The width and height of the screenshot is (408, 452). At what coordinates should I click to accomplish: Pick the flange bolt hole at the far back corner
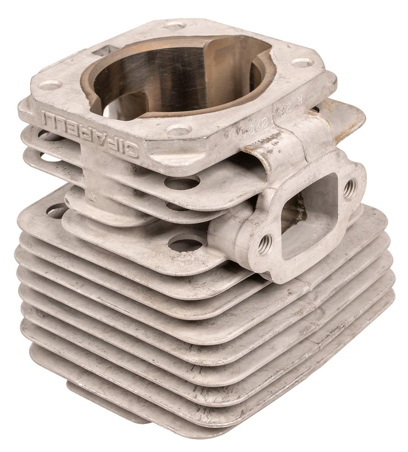pyautogui.click(x=173, y=26)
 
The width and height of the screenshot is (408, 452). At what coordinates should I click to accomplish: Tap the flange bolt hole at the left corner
pyautogui.click(x=50, y=85)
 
